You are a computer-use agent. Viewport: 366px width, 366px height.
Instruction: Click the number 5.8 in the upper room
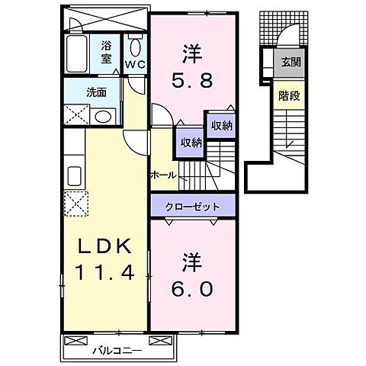tap(191, 79)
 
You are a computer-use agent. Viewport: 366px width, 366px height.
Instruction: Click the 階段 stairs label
tap(288, 96)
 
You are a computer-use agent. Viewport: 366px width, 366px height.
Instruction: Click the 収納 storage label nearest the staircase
tap(221, 126)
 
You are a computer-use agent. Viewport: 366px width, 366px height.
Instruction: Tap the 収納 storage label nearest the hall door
tap(191, 142)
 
